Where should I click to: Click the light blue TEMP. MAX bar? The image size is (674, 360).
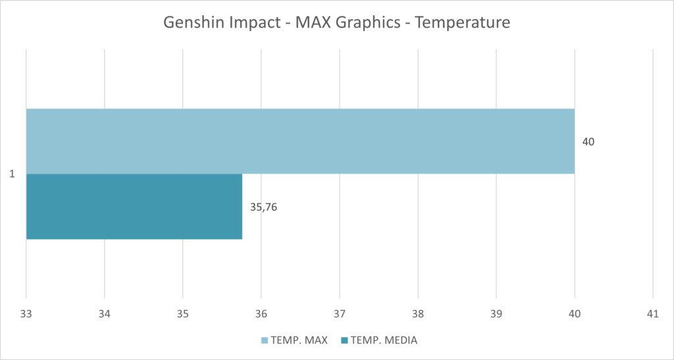pos(300,141)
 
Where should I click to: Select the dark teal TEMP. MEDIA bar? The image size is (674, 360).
pos(134,207)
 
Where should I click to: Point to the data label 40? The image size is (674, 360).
pos(588,141)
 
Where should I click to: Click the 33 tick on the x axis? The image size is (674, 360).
pos(26,315)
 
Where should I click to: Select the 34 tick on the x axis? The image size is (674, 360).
pos(104,315)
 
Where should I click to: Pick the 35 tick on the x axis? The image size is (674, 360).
pos(182,315)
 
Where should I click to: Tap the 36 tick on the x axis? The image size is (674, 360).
pos(261,315)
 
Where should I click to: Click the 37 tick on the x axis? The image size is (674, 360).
pos(340,315)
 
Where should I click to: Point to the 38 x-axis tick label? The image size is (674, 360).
pos(418,315)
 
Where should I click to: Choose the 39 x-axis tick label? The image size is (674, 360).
pos(496,315)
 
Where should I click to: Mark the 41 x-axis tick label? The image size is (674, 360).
pos(652,315)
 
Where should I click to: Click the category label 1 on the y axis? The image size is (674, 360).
pos(12,174)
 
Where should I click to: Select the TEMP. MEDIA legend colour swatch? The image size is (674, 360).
pos(344,340)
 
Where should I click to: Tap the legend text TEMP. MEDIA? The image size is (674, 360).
pos(384,340)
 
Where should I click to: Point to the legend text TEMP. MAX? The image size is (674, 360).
pos(299,340)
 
